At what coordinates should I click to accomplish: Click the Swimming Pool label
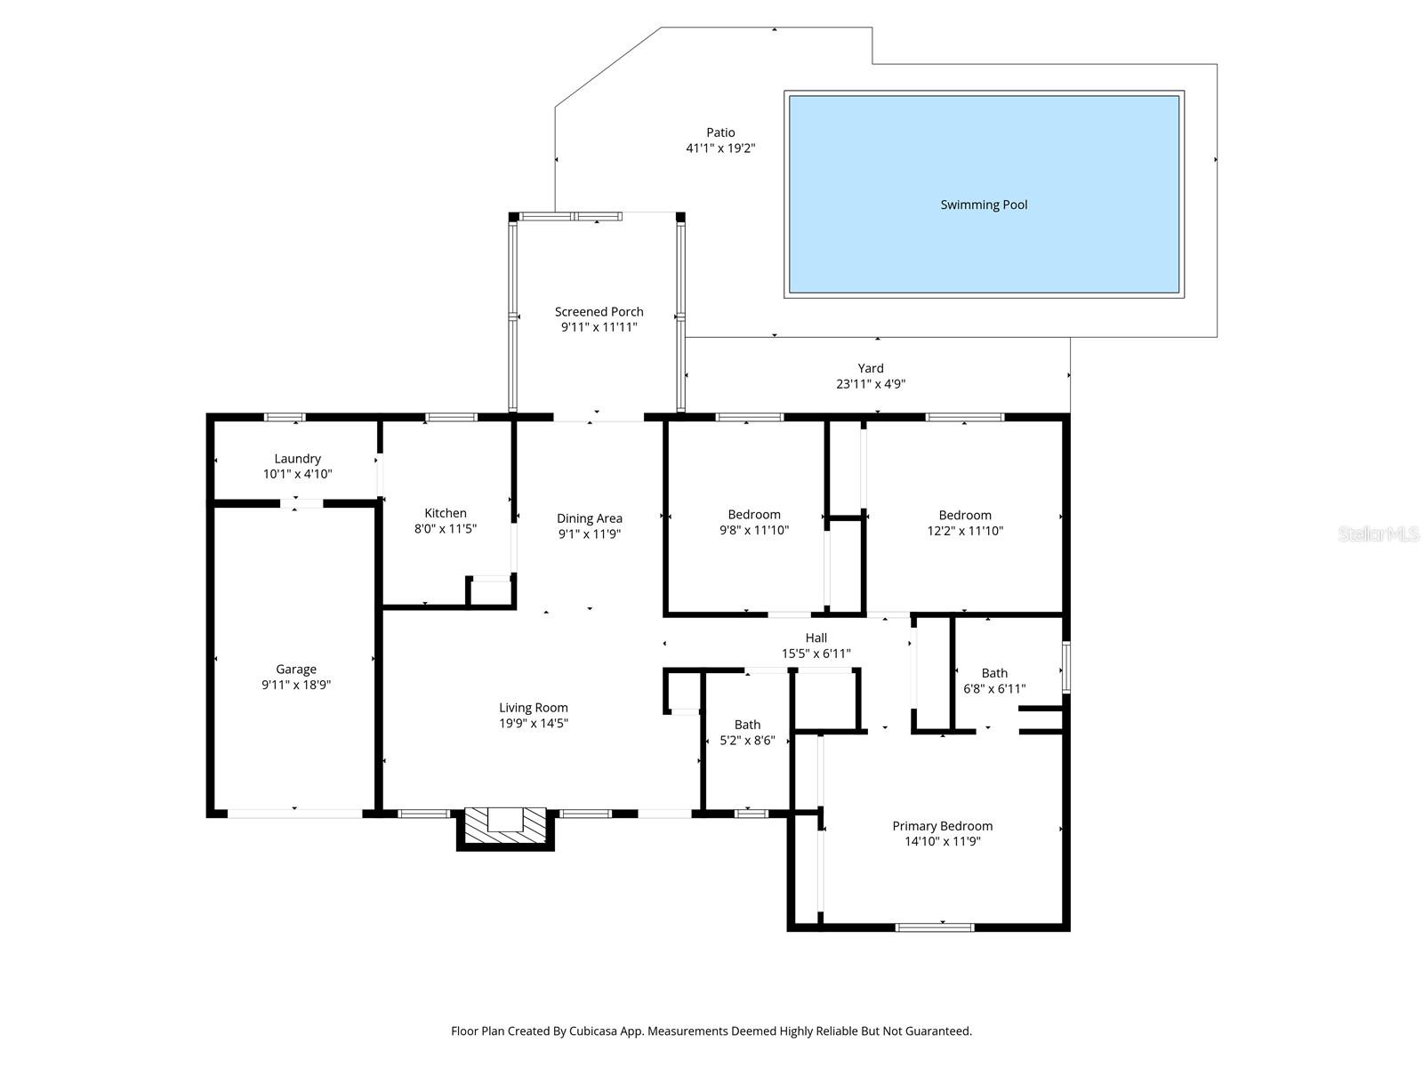984,205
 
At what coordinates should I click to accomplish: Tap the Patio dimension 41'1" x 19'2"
720,148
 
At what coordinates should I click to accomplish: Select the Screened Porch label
599,311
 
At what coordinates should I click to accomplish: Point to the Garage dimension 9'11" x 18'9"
296,685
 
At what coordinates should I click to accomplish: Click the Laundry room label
297,459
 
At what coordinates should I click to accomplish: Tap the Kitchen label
446,513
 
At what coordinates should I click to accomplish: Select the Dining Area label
589,518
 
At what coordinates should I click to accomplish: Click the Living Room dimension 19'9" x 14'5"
533,723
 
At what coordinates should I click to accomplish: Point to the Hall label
816,638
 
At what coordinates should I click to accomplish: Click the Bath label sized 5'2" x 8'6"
747,725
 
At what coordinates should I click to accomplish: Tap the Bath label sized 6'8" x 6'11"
994,673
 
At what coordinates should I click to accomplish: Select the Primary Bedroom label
942,826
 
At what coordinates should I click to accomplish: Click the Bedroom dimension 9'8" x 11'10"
754,530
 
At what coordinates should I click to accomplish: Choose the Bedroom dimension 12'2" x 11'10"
965,530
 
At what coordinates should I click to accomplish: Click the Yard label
871,368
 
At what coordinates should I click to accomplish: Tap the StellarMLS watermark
1379,534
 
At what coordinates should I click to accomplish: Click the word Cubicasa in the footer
592,1031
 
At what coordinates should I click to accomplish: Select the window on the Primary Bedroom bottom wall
935,927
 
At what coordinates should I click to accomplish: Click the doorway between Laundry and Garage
302,504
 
